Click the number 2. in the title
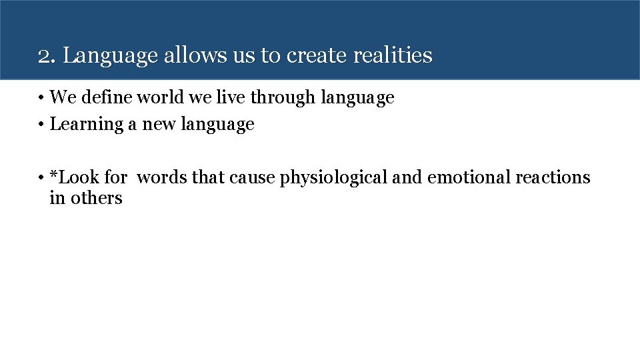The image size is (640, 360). pyautogui.click(x=47, y=55)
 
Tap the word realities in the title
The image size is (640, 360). pyautogui.click(x=393, y=55)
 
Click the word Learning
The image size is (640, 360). pyautogui.click(x=87, y=125)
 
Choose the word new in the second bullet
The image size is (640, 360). pyautogui.click(x=158, y=125)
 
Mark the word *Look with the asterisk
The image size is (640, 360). pyautogui.click(x=75, y=177)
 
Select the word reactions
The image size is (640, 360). pyautogui.click(x=553, y=177)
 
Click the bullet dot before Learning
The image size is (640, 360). pyautogui.click(x=41, y=125)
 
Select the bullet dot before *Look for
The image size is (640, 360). pyautogui.click(x=41, y=178)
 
